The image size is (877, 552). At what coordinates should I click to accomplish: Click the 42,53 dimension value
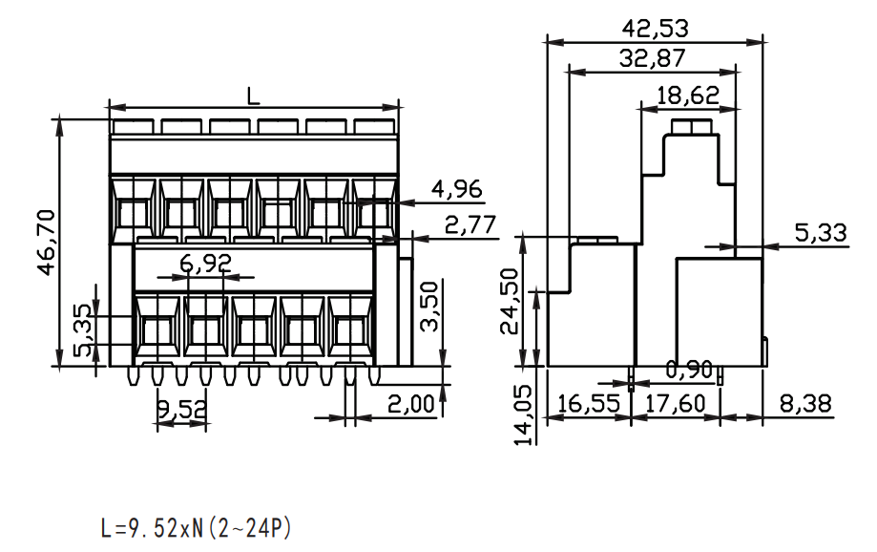click(x=655, y=28)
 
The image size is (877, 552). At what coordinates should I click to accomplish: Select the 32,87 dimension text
click(x=652, y=58)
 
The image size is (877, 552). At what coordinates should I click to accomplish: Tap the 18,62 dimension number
click(x=687, y=96)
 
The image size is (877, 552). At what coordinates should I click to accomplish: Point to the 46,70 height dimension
click(x=47, y=242)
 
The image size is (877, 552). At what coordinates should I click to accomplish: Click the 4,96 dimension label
click(x=456, y=189)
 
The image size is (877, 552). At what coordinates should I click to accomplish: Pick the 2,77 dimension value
click(x=470, y=224)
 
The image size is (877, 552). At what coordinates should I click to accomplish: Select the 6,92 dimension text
click(x=206, y=263)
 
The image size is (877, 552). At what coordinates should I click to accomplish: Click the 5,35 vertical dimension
click(x=82, y=330)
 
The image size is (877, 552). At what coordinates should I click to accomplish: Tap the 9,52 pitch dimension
click(x=181, y=410)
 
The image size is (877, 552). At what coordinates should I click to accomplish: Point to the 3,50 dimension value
click(x=429, y=307)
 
